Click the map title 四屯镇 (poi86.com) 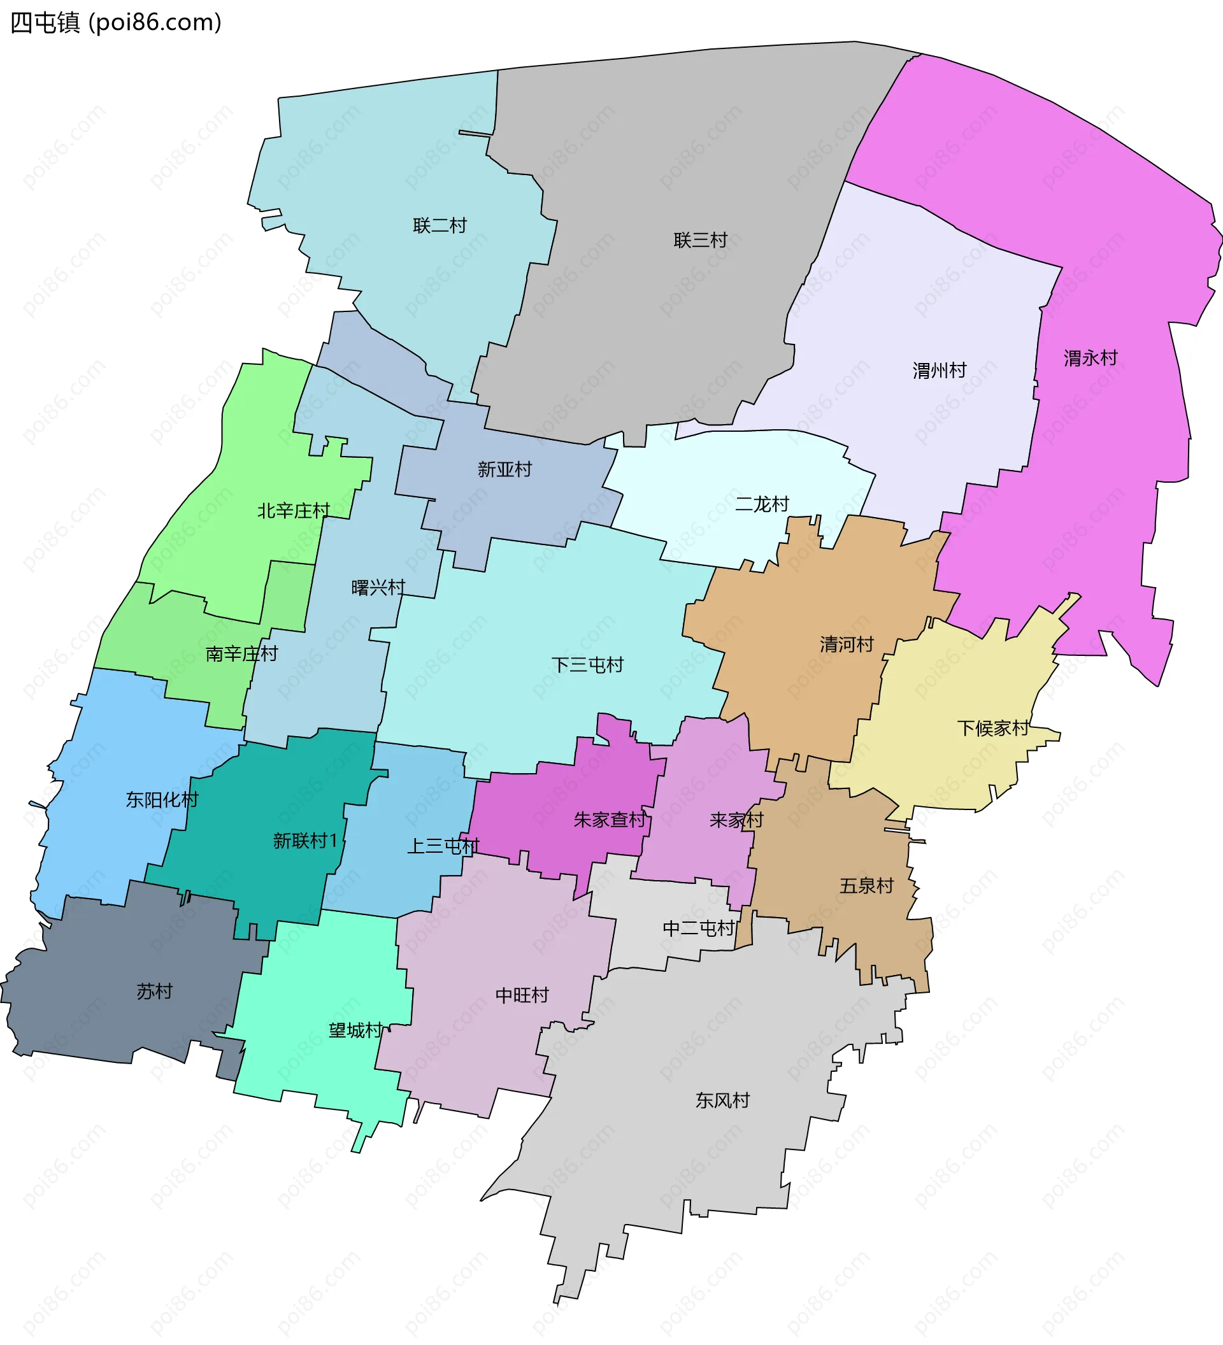[115, 23]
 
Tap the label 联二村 [440, 225]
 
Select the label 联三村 [700, 240]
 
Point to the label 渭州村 [940, 370]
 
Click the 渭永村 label [1091, 359]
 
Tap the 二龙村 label [762, 504]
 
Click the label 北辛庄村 [294, 511]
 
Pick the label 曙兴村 [378, 588]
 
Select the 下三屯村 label [587, 665]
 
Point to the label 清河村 [847, 644]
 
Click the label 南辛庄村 [241, 654]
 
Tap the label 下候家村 [993, 728]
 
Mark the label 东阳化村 [162, 800]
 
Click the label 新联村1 [306, 841]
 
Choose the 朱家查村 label [610, 820]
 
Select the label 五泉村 [866, 886]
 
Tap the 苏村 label [155, 992]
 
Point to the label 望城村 [355, 1031]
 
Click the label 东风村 [722, 1100]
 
